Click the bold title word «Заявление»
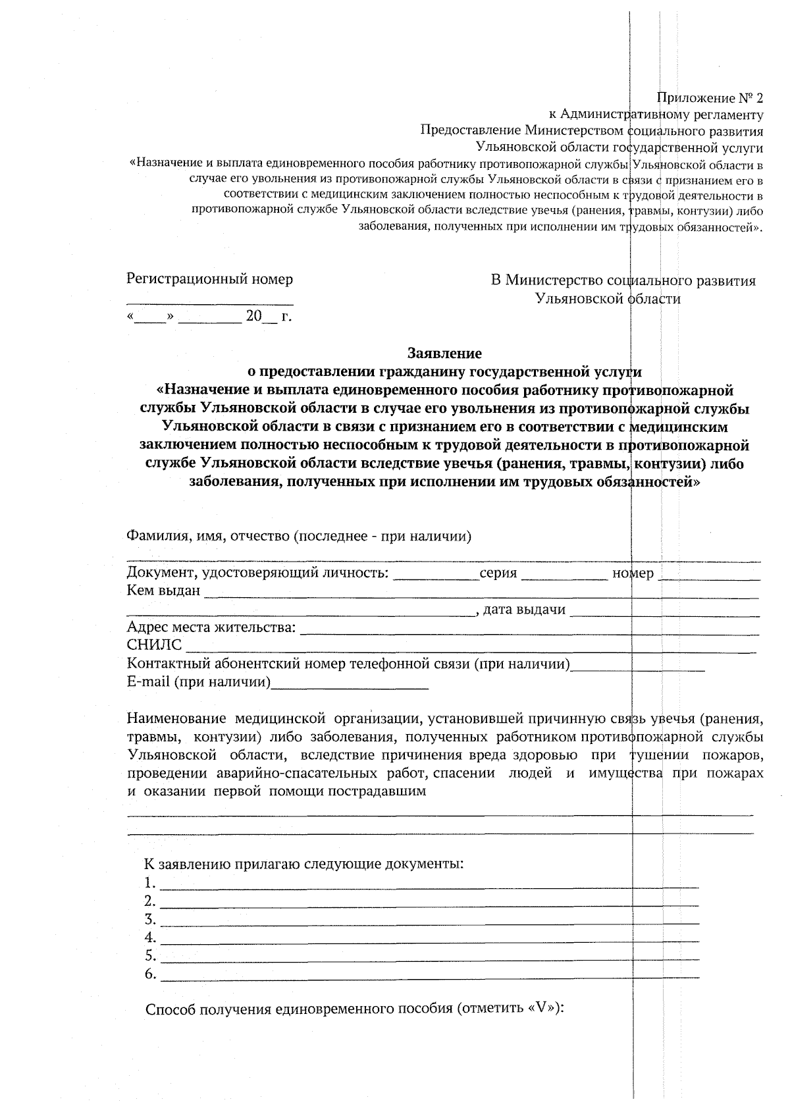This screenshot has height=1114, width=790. pos(444,353)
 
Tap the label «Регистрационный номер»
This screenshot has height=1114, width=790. pos(209,279)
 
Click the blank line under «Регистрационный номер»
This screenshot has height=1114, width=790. pos(209,304)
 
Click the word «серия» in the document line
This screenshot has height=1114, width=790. pos(498,573)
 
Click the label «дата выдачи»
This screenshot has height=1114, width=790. pos(524,610)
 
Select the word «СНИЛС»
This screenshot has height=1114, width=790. pos(154,645)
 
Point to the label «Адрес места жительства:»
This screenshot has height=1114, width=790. pos(211,627)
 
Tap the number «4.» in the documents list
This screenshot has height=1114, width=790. pos(150,937)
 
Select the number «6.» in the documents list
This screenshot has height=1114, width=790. pos(150,974)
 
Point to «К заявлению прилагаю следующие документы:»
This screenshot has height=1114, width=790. pos(304,863)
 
